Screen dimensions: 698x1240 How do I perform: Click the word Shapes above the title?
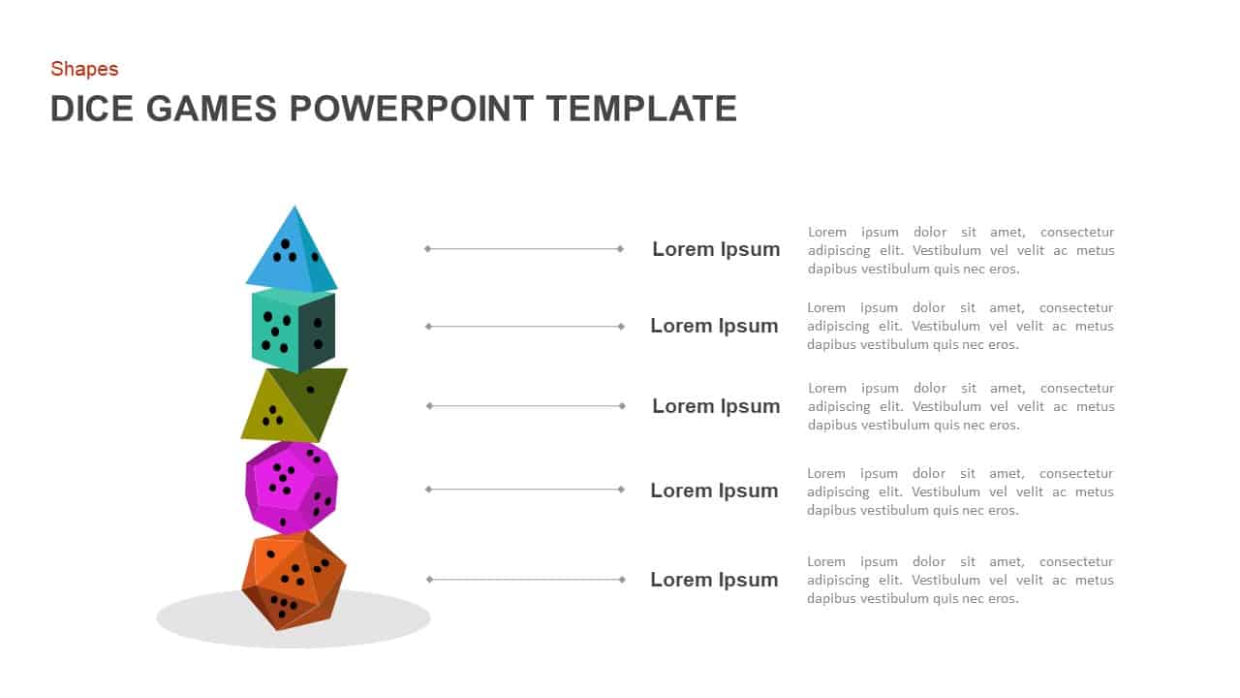pos(84,69)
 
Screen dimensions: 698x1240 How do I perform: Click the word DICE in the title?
pos(93,109)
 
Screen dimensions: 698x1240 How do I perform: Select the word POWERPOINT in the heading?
pos(412,109)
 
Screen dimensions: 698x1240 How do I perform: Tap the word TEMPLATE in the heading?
pos(641,109)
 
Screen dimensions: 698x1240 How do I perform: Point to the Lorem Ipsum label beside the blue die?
pos(716,249)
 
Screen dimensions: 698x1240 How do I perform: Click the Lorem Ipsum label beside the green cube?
pos(714,326)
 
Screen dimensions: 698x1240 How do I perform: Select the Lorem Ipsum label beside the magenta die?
pos(714,491)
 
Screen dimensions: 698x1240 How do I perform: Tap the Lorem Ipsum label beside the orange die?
pos(714,580)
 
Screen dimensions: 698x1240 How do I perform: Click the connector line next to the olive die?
pos(525,406)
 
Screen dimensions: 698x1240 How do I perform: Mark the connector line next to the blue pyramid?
pos(523,249)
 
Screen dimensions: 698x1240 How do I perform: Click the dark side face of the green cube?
pos(317,332)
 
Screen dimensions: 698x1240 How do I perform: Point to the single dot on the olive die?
pos(310,390)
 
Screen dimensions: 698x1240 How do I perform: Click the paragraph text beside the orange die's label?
pos(960,580)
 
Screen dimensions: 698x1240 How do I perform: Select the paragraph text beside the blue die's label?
pos(960,250)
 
